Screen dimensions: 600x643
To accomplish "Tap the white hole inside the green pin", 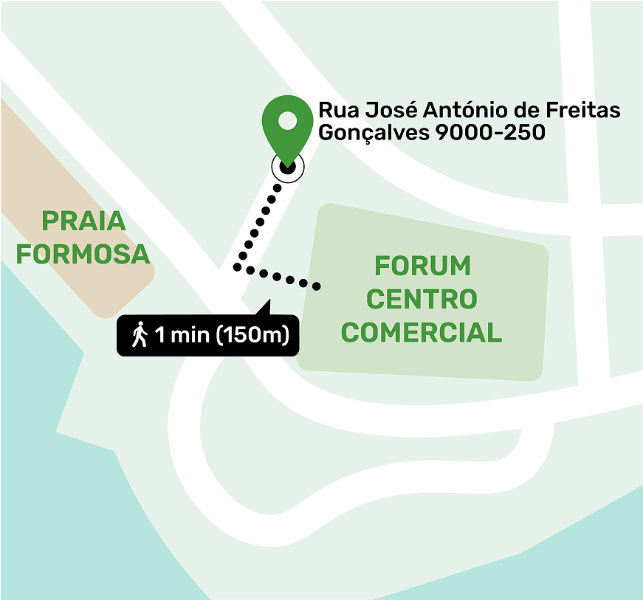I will click(x=287, y=120).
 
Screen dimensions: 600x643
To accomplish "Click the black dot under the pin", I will click(x=287, y=167).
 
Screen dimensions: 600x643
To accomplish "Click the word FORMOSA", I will click(x=83, y=255).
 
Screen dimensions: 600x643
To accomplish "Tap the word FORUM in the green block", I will click(x=422, y=266).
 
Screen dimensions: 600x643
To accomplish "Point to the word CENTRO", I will click(x=422, y=300).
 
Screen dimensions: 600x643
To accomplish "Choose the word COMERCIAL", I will click(x=422, y=333).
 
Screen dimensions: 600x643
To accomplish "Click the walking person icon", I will click(x=140, y=335).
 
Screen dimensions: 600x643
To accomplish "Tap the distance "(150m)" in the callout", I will click(x=251, y=335).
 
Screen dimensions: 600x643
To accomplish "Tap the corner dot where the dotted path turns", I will click(x=238, y=266).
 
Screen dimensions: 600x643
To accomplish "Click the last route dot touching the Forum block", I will click(x=318, y=286).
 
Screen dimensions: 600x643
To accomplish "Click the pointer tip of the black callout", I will click(x=269, y=300).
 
